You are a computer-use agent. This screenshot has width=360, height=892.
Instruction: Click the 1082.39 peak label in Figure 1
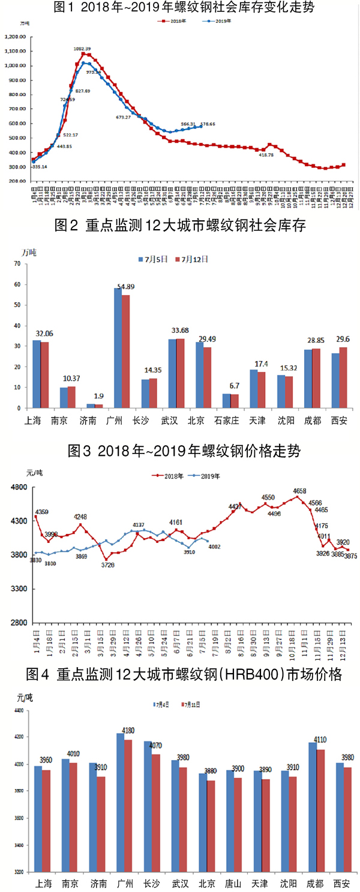pyautogui.click(x=83, y=49)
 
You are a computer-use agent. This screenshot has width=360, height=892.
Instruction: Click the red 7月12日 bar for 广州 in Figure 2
pyautogui.click(x=125, y=352)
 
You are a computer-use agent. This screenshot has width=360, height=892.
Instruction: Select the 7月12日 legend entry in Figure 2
pyautogui.click(x=191, y=260)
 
